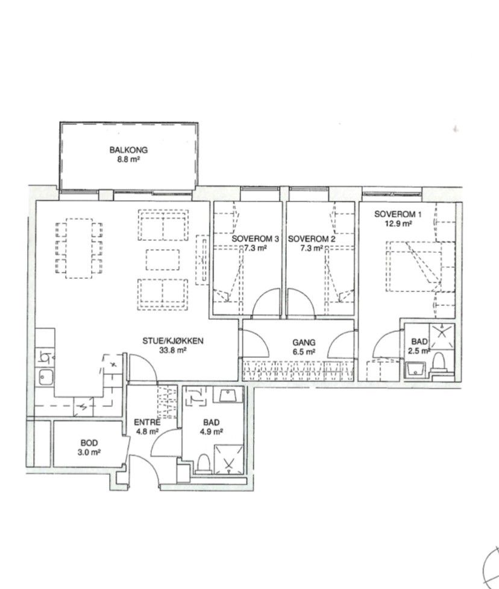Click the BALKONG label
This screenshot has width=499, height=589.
128,150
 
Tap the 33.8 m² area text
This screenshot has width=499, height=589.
172,351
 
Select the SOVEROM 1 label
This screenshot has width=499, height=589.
398,214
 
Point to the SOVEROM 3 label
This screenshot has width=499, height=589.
255,239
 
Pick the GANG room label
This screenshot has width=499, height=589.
304,343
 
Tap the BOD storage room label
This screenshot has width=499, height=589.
89,443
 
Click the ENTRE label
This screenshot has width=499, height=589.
147,422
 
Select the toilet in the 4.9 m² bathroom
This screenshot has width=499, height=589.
204,463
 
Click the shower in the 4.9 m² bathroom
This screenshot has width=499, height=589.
228,459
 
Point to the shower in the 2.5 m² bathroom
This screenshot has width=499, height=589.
442,336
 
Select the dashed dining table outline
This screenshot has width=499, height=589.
79,248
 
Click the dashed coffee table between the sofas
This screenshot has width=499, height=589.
163,259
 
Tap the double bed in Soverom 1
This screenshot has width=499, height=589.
420,267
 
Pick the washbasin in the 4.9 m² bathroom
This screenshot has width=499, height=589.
228,395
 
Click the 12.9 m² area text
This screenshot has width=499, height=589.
398,224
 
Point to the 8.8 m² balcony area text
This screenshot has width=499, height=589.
128,159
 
